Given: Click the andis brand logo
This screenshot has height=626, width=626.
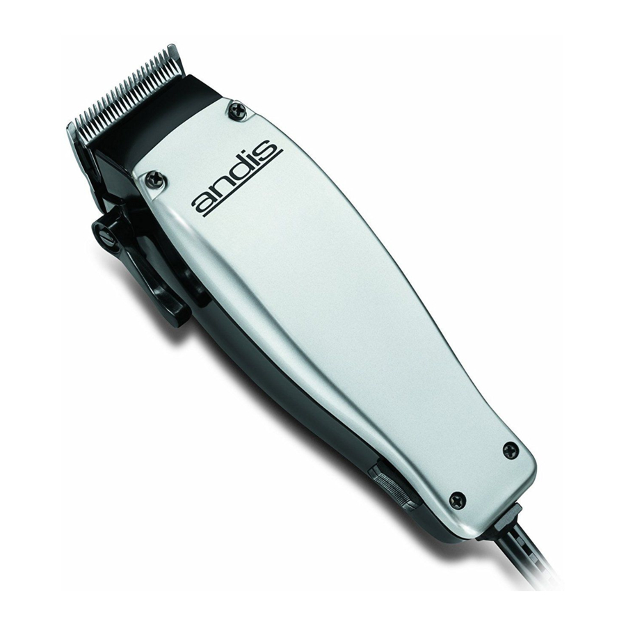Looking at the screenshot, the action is pyautogui.click(x=236, y=179).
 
